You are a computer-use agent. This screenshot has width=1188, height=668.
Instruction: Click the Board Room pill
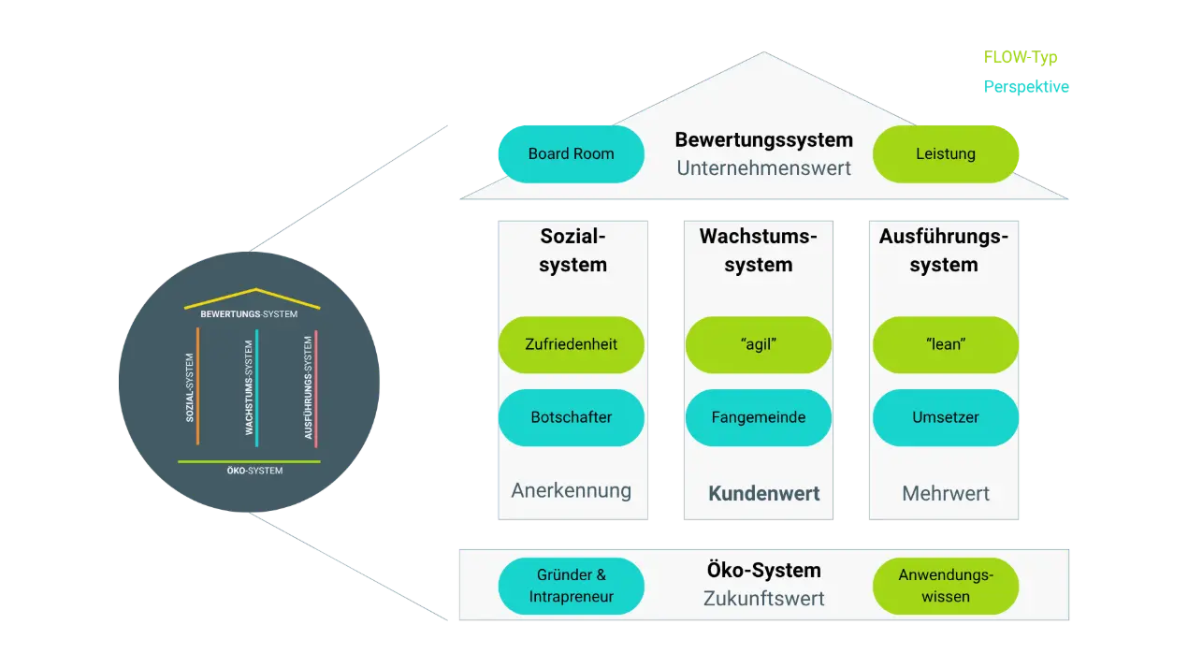click(571, 153)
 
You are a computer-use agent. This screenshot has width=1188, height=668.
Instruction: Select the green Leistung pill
click(945, 153)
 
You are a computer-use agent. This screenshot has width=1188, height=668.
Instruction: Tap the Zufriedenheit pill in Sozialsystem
click(571, 344)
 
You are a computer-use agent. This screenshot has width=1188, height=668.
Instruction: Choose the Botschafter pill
click(571, 417)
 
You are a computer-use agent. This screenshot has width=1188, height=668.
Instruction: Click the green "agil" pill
click(758, 344)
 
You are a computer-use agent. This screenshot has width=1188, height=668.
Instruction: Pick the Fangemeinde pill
click(758, 417)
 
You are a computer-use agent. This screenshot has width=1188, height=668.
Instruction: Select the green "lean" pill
click(945, 344)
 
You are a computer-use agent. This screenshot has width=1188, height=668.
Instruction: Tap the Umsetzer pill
click(945, 417)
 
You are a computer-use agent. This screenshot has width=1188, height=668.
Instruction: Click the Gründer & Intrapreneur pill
click(571, 587)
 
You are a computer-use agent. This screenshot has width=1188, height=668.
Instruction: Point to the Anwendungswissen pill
click(945, 587)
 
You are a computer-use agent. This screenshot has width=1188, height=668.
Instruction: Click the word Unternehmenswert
click(763, 168)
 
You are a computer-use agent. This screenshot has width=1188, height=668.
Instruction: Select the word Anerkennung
click(571, 490)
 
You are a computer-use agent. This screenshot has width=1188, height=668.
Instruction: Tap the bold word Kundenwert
click(763, 493)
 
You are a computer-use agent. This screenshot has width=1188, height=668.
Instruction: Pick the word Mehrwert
click(945, 493)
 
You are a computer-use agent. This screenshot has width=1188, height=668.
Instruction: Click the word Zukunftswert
click(763, 599)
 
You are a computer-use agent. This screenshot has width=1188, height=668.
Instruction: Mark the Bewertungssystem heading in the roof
click(763, 140)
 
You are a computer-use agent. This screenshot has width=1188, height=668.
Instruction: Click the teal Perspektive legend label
click(1025, 88)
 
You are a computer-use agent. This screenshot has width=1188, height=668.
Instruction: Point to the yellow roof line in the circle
click(253, 297)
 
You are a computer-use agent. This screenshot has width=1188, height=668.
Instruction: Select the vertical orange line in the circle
click(198, 385)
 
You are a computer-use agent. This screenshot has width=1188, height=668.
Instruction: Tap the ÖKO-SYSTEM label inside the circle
click(254, 471)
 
